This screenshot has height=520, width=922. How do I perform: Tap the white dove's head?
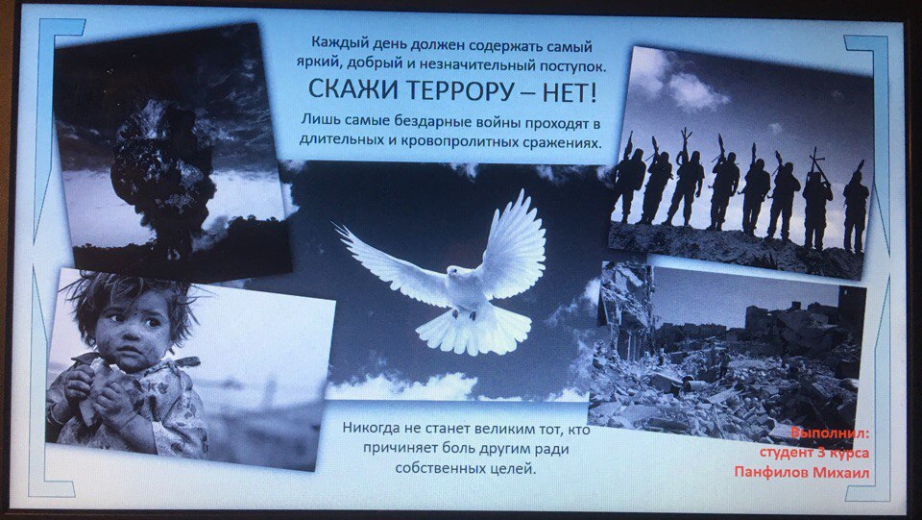coord(454,272)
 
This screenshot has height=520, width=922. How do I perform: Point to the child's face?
coord(133,327)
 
